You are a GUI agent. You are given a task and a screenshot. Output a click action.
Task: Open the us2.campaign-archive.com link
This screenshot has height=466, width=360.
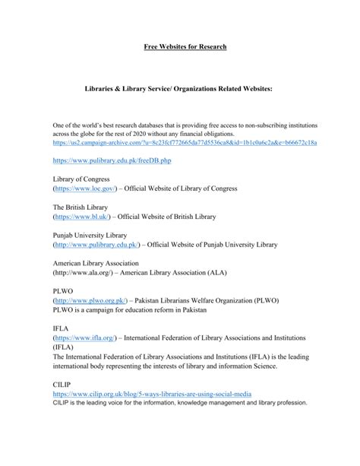tap(185, 142)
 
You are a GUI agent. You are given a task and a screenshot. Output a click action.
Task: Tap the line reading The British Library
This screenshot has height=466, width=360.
tap(80, 208)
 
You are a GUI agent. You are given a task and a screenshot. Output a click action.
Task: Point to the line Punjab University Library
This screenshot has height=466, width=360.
tap(90, 236)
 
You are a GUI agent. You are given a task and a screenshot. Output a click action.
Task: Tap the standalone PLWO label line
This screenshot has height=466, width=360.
tap(63, 290)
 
